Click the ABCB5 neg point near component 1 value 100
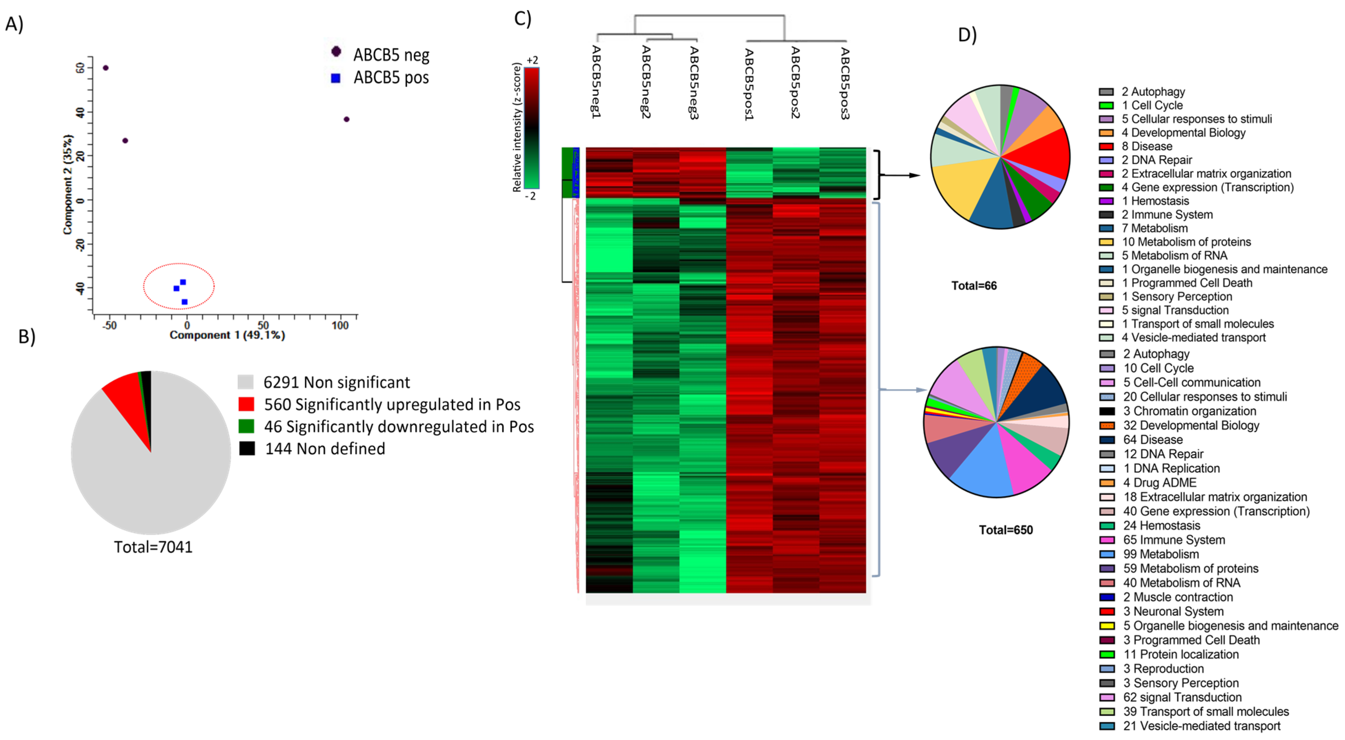346,120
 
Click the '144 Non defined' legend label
325,449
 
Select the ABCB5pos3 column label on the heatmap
844,83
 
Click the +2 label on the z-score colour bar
532,61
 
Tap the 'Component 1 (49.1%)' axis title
227,335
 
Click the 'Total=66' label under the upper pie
974,286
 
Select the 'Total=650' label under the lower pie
1006,530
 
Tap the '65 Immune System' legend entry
1174,540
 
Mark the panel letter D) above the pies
967,35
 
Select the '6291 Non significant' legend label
336,382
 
